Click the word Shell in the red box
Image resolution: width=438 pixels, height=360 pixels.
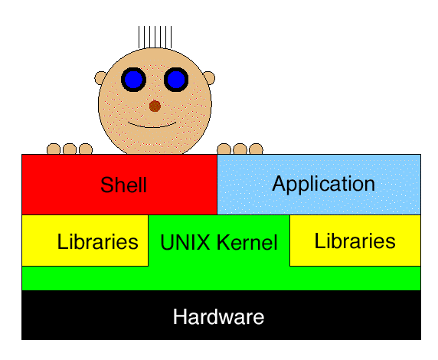[x=123, y=185]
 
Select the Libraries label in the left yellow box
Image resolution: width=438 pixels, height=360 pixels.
[x=97, y=241]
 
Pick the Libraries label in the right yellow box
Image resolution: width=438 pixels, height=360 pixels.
[x=355, y=241]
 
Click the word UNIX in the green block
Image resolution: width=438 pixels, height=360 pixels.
[x=185, y=242]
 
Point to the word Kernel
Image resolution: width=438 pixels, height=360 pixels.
[x=247, y=242]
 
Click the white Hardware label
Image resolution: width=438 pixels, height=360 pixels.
[x=218, y=316]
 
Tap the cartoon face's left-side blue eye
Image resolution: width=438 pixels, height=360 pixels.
[x=133, y=80]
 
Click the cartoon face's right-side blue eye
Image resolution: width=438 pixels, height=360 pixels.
[x=176, y=80]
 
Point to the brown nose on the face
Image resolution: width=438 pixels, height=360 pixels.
[x=155, y=106]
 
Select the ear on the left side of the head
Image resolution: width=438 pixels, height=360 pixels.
[x=100, y=78]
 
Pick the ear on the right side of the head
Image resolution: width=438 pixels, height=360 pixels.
[x=209, y=77]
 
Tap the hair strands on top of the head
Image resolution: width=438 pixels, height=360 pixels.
[x=155, y=38]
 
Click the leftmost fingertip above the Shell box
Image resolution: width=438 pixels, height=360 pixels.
[x=54, y=149]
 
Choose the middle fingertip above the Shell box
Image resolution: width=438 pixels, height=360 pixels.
[x=70, y=149]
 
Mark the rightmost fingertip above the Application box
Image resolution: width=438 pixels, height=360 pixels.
[x=256, y=149]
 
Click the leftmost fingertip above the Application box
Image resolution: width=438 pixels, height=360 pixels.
[x=224, y=149]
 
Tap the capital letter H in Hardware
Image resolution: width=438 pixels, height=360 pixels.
[x=179, y=316]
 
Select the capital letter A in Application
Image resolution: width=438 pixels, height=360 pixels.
[x=279, y=183]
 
